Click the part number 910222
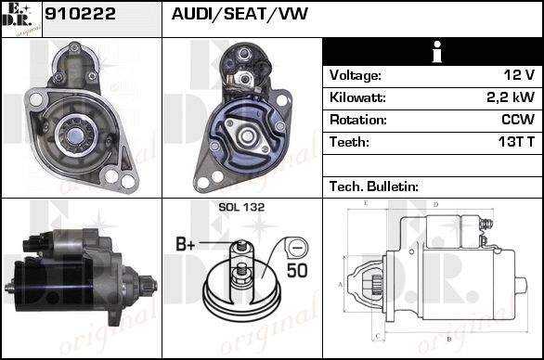click(80, 14)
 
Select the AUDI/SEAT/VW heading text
click(240, 14)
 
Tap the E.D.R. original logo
click(21, 19)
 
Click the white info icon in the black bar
click(437, 52)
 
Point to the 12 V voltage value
click(519, 75)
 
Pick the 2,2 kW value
click(511, 97)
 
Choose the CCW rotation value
click(518, 120)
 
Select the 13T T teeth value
click(516, 142)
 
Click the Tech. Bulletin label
click(374, 186)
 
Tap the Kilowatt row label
click(357, 97)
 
